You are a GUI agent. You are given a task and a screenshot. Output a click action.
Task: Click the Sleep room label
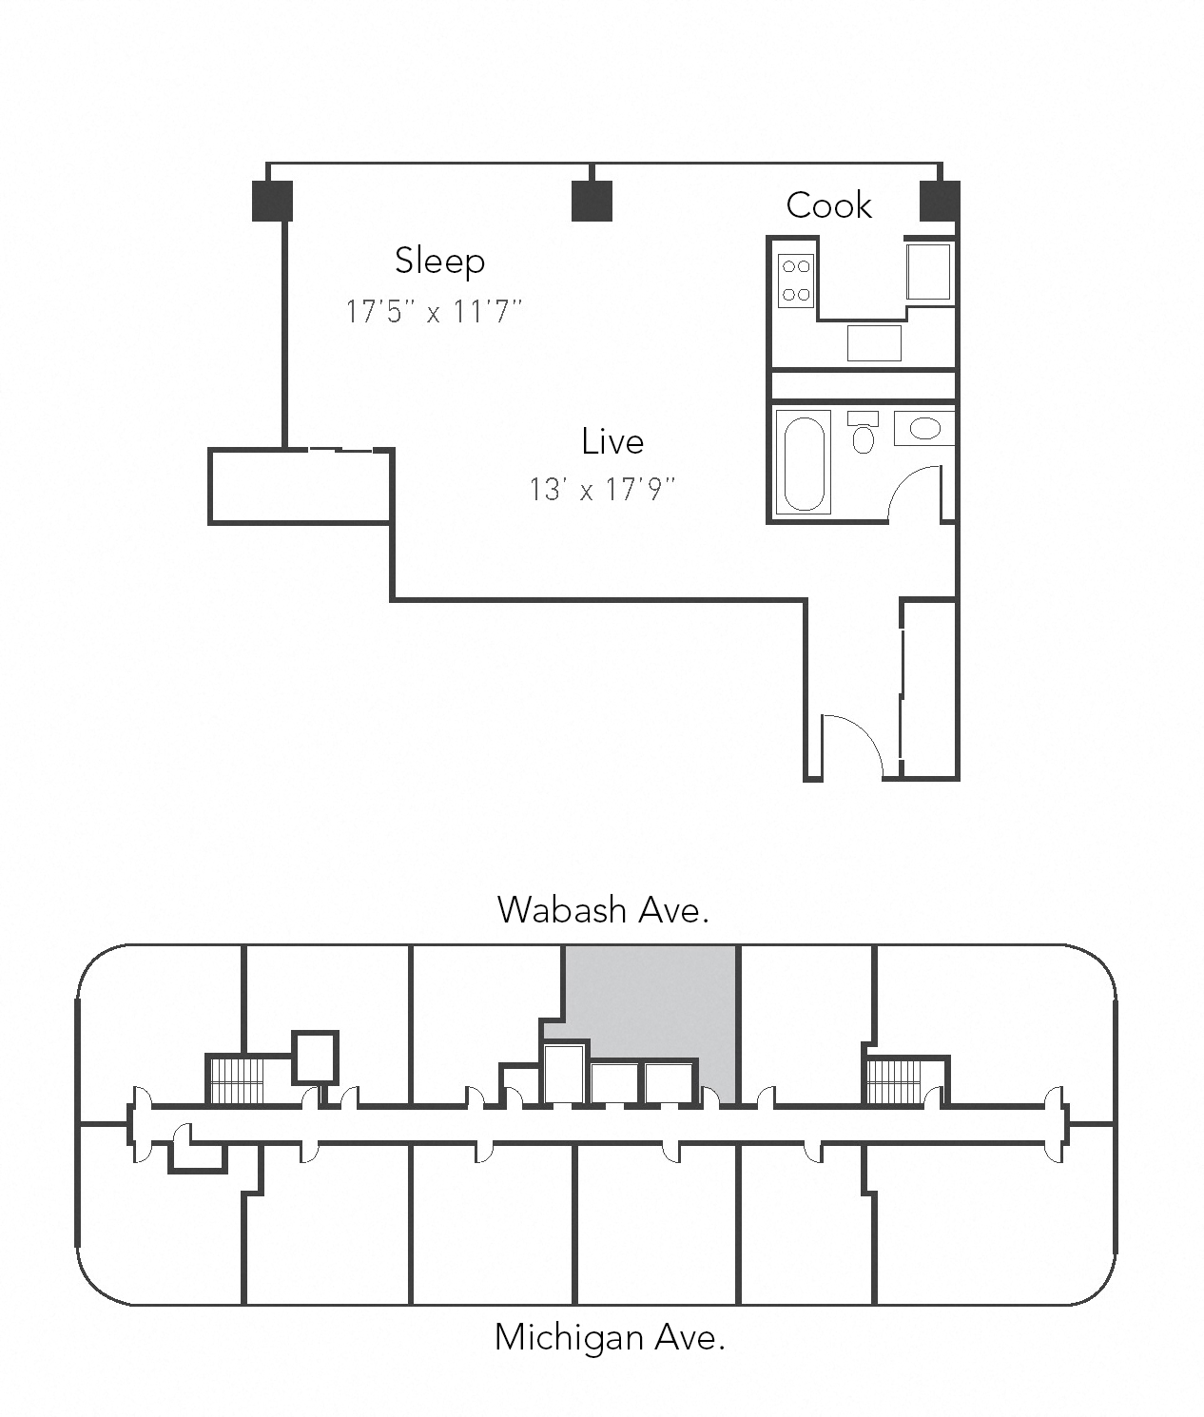439,261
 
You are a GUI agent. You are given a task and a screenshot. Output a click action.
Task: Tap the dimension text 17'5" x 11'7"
434,311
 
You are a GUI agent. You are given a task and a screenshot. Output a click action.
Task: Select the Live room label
612,441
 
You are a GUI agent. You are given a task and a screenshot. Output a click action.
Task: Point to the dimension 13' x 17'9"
602,490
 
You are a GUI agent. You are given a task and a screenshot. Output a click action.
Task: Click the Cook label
828,205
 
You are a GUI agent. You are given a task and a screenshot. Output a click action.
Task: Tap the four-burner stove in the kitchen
796,281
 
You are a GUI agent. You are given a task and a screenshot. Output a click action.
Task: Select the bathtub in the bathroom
804,463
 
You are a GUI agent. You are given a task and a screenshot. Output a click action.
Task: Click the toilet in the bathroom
863,435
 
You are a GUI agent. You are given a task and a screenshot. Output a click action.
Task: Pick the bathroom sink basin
924,428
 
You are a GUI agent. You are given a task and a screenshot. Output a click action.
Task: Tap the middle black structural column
592,201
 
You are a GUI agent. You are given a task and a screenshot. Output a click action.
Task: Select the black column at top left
272,201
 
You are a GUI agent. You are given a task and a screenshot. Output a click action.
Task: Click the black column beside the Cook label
940,201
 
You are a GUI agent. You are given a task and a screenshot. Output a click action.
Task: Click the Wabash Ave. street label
603,910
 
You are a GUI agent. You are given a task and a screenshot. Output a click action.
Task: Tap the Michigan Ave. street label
610,1337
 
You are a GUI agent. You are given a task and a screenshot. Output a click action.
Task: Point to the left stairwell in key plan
235,1080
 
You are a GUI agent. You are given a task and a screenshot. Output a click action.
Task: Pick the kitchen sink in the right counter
927,272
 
